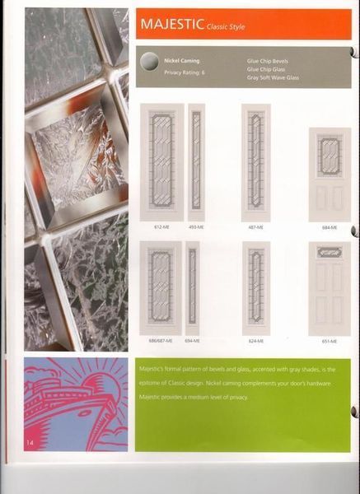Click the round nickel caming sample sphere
tap(149, 65)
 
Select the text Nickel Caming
tap(181, 61)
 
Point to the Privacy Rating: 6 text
tap(185, 72)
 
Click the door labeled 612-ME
tap(161, 161)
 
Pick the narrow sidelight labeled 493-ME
tap(196, 161)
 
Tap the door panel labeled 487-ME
tap(255, 161)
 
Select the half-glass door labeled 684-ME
tap(330, 174)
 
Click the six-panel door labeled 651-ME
tap(330, 288)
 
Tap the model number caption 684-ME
tap(330, 227)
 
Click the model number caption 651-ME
tap(330, 339)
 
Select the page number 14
tap(29, 445)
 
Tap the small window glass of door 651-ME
tap(330, 252)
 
